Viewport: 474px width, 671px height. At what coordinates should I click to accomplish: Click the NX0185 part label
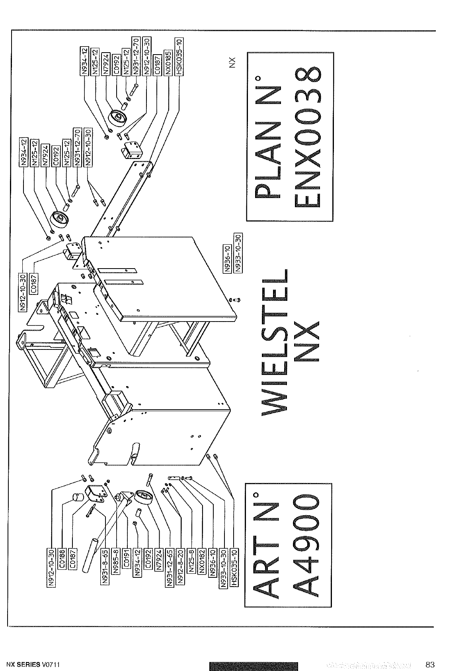(x=168, y=63)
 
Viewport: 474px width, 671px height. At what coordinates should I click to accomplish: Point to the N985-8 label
(x=116, y=560)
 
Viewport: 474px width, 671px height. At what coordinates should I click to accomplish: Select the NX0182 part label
(x=203, y=560)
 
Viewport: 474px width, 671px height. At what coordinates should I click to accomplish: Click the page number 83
(x=430, y=664)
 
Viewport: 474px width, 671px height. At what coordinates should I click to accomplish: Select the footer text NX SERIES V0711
(x=33, y=665)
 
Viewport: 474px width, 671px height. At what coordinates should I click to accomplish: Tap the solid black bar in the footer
(x=253, y=665)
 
